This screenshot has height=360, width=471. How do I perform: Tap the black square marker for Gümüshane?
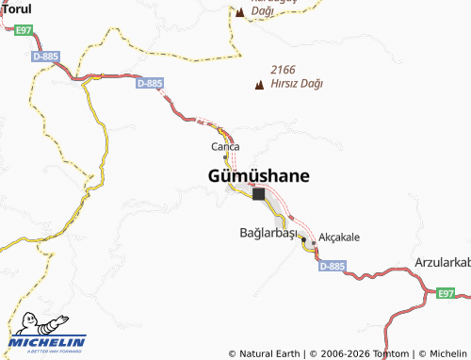coord(258,195)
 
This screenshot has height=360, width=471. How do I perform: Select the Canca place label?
coord(225,146)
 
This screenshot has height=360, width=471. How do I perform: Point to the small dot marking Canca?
coord(224,156)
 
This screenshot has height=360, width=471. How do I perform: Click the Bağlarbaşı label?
coord(268,233)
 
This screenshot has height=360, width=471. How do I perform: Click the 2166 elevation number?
coord(284,70)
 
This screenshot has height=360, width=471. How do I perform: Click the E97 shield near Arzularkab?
coord(446,294)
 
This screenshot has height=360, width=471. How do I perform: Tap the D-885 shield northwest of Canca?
coord(149,83)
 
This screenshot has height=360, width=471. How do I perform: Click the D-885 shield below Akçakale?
coord(331,267)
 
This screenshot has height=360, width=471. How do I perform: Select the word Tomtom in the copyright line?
coord(392,353)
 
